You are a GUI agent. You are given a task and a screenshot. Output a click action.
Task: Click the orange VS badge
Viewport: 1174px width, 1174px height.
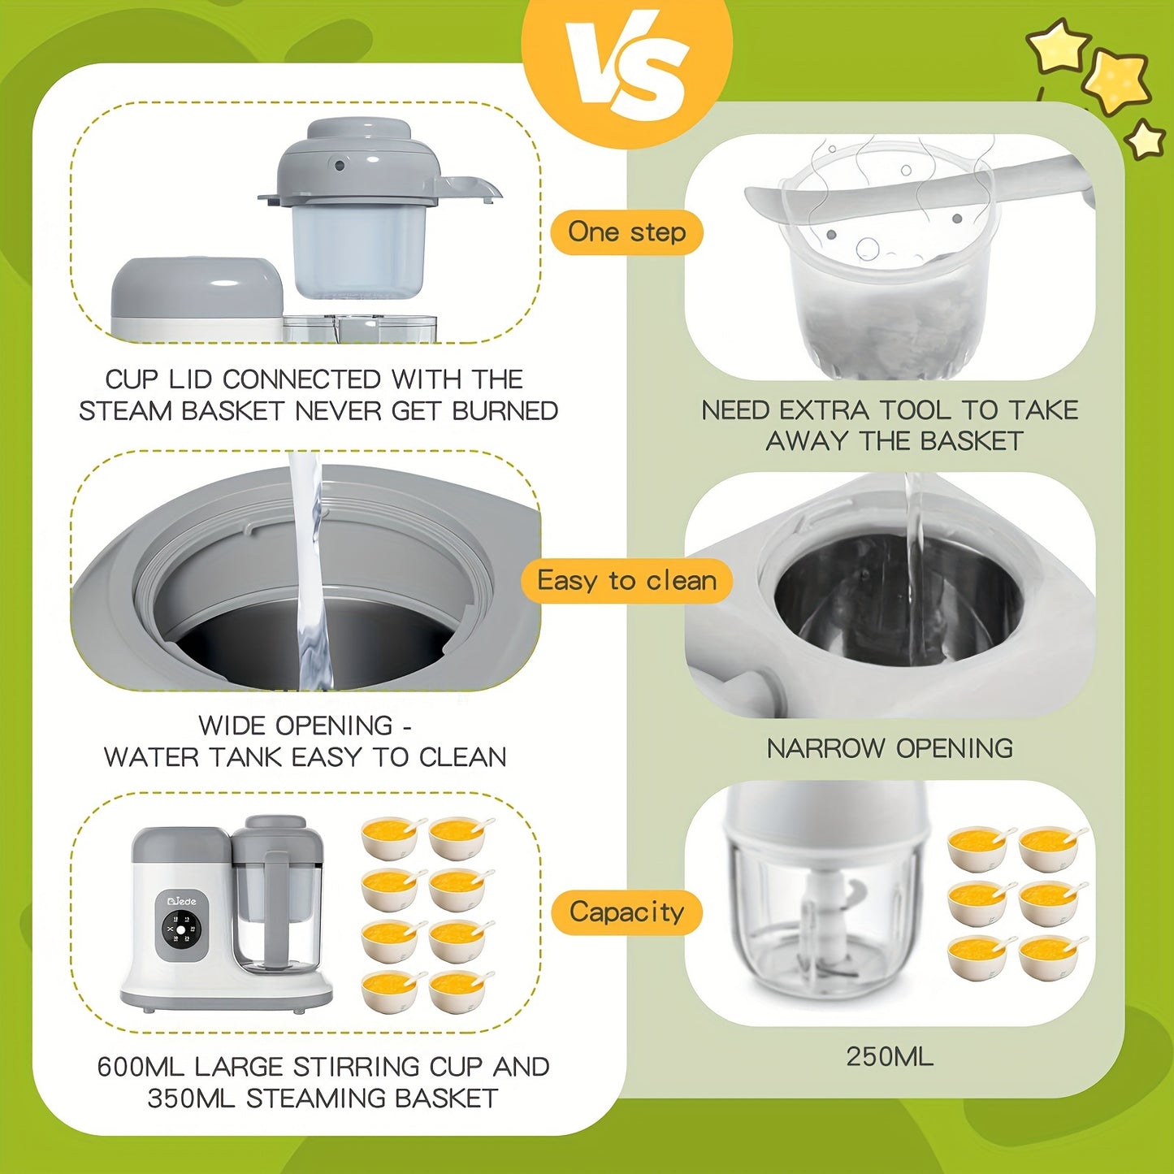627,67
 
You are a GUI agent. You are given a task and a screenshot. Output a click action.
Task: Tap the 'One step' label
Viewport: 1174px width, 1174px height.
626,232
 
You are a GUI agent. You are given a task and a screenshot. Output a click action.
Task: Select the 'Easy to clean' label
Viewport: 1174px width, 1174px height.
626,581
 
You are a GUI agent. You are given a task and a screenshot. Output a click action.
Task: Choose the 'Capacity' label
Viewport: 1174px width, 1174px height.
626,912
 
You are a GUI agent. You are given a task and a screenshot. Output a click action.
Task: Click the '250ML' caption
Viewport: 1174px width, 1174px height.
890,1056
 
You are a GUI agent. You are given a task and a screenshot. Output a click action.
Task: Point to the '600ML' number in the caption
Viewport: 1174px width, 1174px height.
141,1067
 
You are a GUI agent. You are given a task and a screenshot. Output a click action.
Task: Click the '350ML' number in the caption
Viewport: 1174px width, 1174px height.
191,1098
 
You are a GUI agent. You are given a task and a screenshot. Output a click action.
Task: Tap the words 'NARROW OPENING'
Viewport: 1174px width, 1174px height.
890,748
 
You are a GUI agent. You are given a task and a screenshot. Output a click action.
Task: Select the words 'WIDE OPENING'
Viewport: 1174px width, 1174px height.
296,726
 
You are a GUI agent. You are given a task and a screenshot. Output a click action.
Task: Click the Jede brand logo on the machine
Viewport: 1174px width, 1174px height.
182,900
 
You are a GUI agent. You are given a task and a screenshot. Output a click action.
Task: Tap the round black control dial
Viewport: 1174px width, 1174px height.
182,929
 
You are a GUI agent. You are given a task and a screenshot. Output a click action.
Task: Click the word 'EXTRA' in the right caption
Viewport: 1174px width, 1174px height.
825,410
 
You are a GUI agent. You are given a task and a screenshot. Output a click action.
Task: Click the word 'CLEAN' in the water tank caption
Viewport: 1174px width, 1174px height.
463,757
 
